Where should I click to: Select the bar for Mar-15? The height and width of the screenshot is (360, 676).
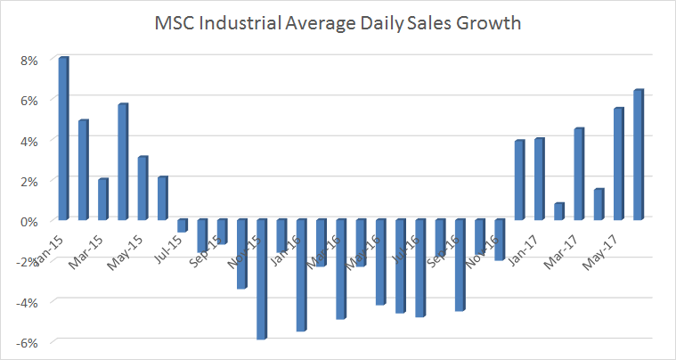(103, 199)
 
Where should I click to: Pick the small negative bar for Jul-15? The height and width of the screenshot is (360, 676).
(183, 225)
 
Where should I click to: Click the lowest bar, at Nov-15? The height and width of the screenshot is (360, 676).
(262, 279)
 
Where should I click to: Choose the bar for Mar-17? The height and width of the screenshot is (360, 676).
(579, 174)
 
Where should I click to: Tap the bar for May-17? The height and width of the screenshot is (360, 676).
(619, 164)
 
